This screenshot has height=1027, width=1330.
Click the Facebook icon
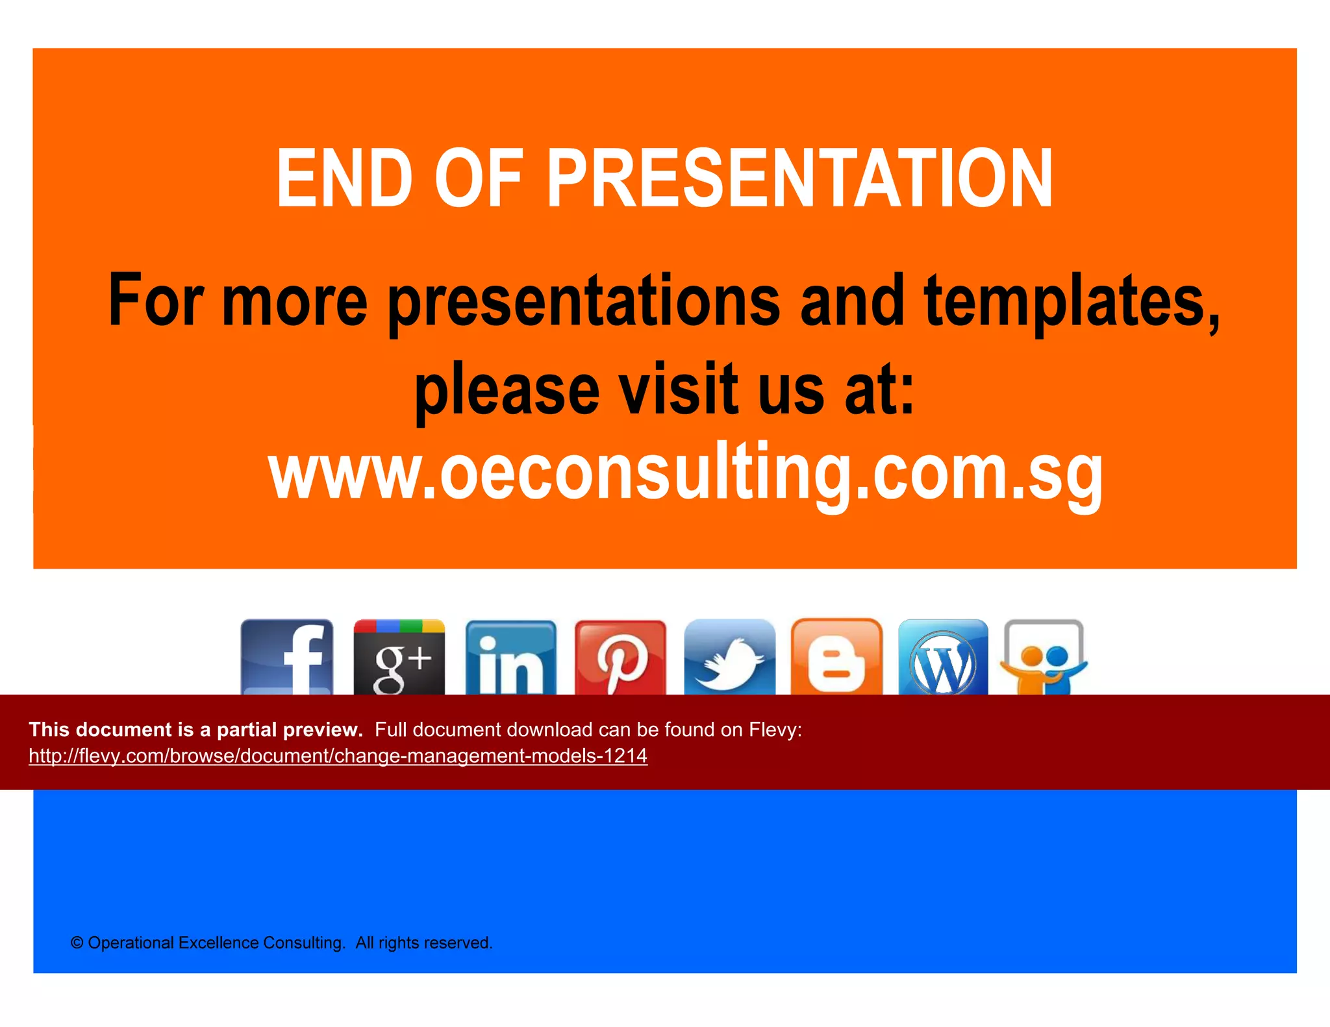point(286,657)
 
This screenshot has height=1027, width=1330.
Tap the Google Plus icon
point(399,657)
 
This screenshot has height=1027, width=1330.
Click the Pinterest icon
point(620,658)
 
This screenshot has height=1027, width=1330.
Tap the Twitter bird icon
point(729,658)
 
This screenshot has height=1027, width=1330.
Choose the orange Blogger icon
point(836,658)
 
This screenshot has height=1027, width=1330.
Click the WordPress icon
point(943,658)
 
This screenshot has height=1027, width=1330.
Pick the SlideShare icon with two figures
point(1044,658)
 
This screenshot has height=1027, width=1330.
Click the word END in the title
point(344,179)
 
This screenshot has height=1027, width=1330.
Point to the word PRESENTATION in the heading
point(800,179)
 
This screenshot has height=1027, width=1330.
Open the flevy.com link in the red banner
point(338,756)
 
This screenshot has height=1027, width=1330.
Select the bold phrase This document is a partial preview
point(195,730)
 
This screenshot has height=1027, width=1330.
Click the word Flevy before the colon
point(772,730)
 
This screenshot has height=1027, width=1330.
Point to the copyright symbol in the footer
point(77,943)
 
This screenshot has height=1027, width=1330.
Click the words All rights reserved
point(423,943)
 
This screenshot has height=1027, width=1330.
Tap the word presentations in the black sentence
point(584,301)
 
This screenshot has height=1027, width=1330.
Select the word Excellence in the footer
point(218,943)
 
